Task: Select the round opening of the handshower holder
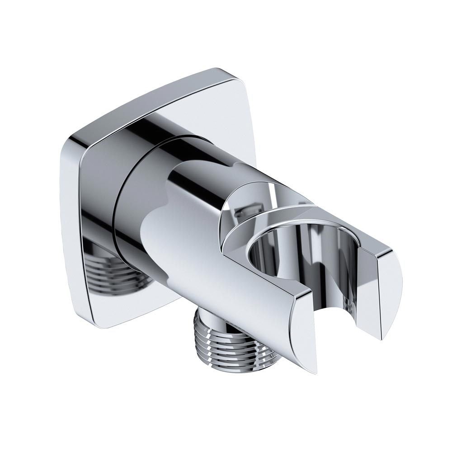click(289, 262)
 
